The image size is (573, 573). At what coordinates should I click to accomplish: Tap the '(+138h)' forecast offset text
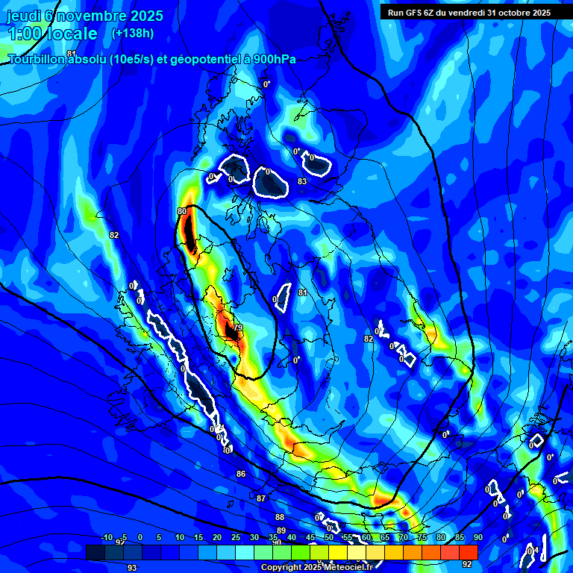[x=133, y=33]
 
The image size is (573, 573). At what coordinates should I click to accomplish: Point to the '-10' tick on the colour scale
[x=106, y=538]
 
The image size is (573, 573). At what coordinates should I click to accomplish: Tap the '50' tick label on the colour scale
[x=328, y=538]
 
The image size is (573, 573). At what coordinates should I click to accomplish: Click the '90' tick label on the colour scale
[x=477, y=538]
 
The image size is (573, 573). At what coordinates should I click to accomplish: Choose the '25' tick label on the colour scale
[x=235, y=538]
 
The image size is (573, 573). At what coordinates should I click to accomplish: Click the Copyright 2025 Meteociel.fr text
[x=307, y=568]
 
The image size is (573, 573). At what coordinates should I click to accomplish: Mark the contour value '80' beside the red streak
[x=182, y=212]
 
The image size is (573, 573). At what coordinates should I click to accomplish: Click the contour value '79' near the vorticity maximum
[x=238, y=328]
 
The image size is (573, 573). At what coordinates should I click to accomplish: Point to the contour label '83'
[x=302, y=181]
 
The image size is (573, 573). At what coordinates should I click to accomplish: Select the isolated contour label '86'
[x=240, y=474]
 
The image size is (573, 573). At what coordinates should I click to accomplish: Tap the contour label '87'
[x=260, y=498]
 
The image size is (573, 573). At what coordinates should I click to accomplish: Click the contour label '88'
[x=279, y=517]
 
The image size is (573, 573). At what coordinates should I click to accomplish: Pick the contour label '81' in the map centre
[x=302, y=292]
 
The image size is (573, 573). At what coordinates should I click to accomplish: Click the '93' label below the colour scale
[x=132, y=567]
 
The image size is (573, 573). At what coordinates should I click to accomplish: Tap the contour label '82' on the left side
[x=114, y=235]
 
